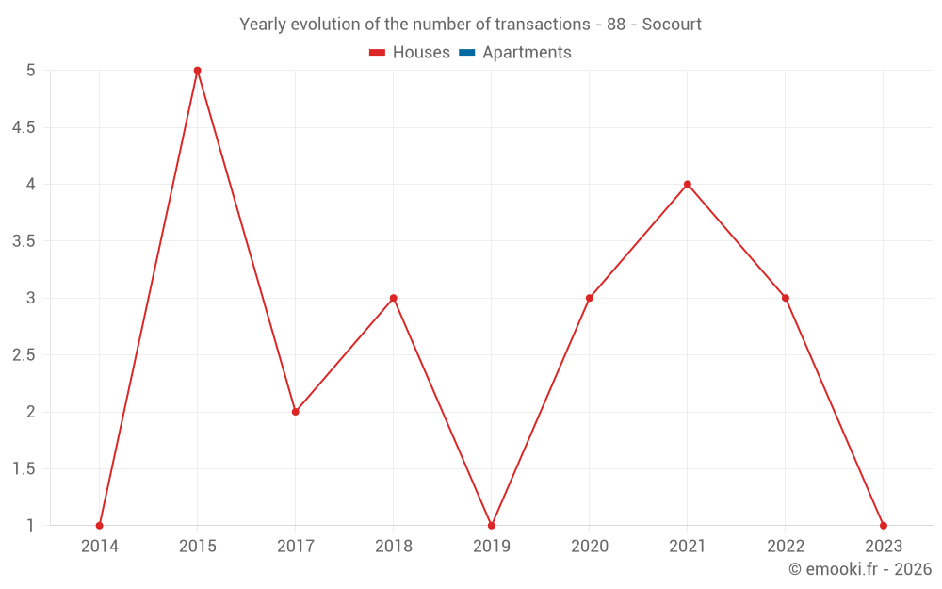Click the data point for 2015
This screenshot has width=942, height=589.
198,71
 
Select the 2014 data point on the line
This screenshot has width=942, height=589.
100,526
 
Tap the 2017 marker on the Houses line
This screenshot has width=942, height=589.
296,412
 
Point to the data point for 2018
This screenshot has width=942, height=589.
394,298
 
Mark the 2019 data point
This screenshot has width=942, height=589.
492,526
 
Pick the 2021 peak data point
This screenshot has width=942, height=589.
688,184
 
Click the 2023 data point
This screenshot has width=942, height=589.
884,526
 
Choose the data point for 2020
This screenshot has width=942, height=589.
590,298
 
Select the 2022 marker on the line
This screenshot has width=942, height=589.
786,298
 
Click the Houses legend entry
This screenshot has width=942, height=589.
410,53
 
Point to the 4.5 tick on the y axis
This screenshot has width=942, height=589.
24,127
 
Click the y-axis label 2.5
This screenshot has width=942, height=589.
24,355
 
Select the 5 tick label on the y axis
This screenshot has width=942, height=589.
30,71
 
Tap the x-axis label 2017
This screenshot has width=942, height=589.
296,546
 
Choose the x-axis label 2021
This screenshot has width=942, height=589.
688,546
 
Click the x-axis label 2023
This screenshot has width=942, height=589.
884,546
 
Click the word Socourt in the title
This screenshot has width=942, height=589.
672,25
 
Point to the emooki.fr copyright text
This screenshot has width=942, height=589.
860,569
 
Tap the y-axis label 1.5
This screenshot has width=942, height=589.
24,469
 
